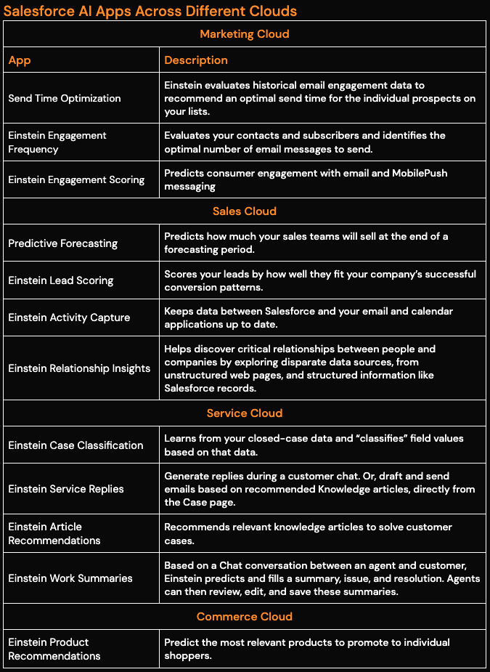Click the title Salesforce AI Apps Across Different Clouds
click(150, 11)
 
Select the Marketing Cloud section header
click(245, 34)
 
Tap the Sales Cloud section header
click(245, 211)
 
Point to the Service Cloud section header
click(245, 413)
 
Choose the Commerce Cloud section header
click(245, 617)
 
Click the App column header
click(20, 60)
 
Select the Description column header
click(196, 60)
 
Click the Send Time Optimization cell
click(65, 98)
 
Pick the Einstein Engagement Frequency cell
click(57, 142)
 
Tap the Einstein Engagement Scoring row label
click(76, 179)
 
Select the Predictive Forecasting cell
click(62, 243)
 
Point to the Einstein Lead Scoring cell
click(61, 280)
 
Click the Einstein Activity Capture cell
click(69, 317)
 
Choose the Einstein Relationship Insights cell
click(79, 368)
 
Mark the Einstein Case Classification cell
click(75, 445)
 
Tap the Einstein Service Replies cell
click(66, 489)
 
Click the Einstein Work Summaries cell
click(70, 578)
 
